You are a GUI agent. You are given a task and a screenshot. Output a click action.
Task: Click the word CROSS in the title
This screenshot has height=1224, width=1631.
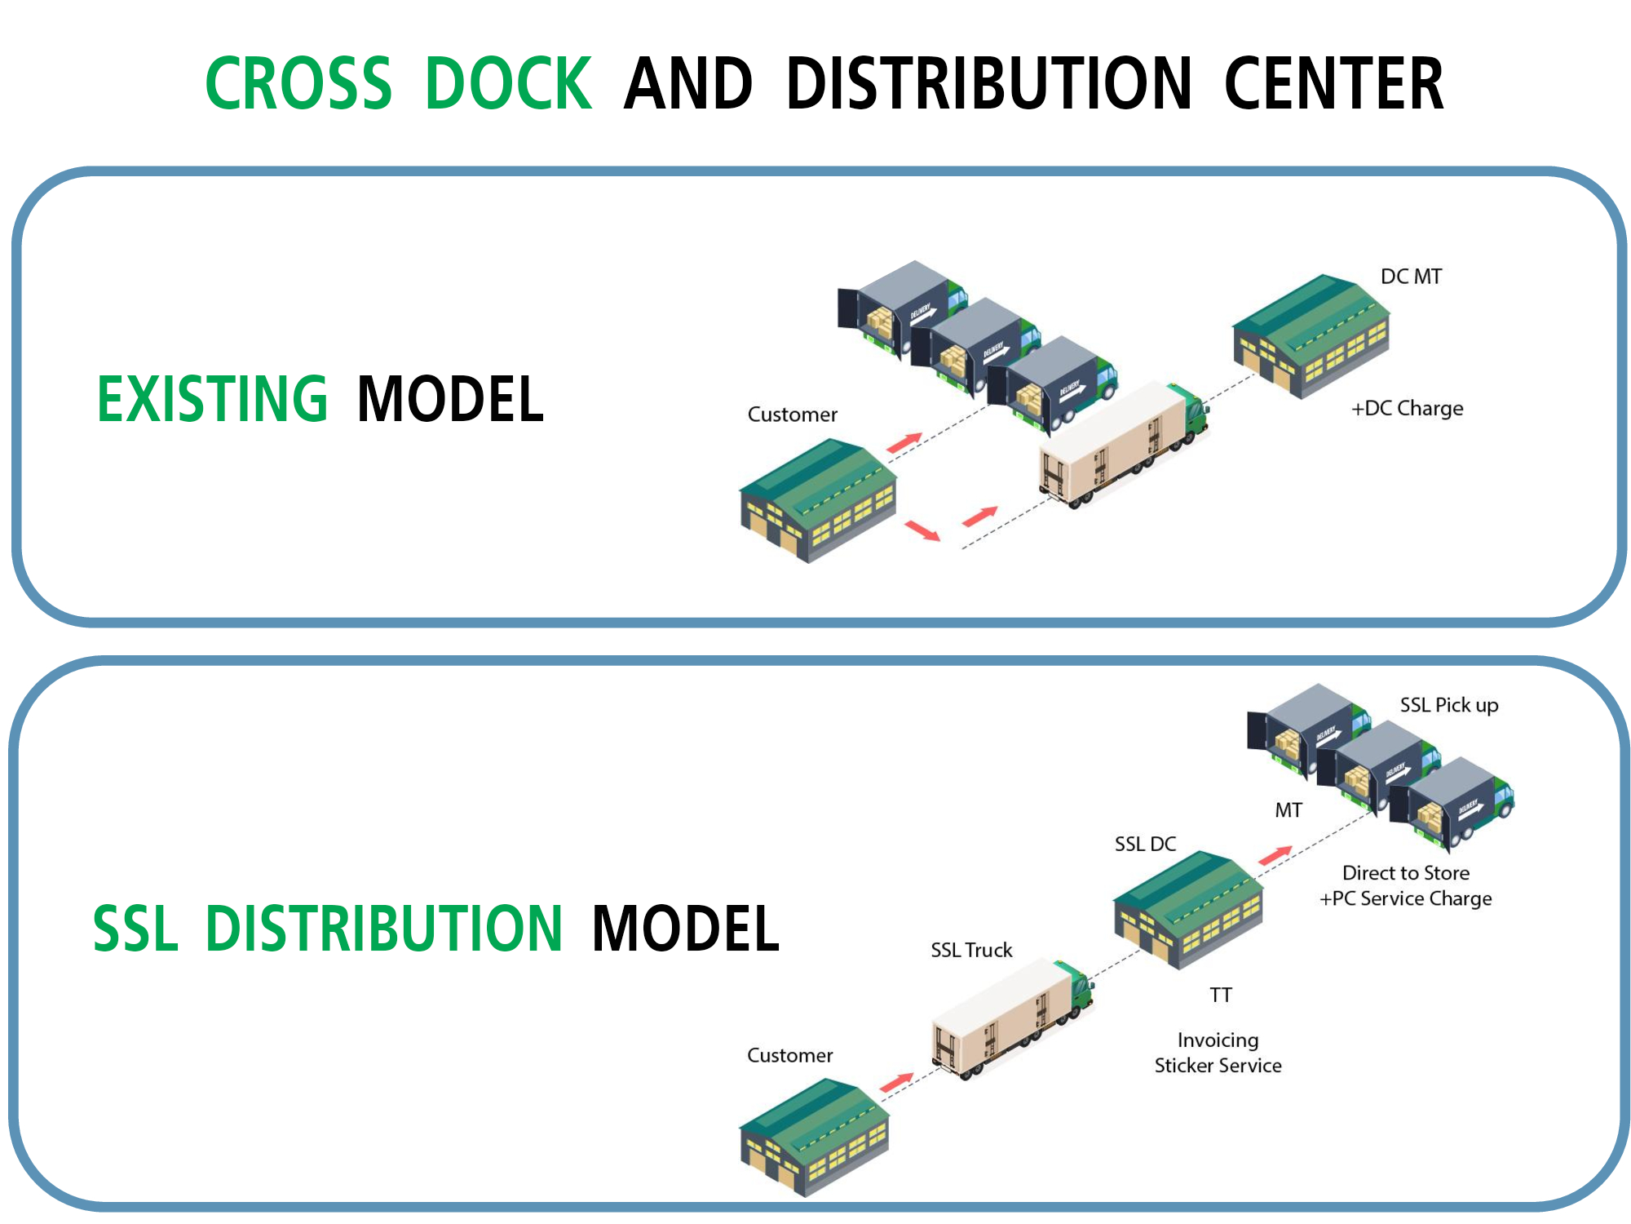pyautogui.click(x=298, y=84)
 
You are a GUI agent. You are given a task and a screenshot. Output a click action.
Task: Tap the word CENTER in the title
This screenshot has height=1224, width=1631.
pyautogui.click(x=1333, y=84)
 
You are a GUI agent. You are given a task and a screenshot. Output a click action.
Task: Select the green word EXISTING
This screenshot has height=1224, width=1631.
pyautogui.click(x=213, y=399)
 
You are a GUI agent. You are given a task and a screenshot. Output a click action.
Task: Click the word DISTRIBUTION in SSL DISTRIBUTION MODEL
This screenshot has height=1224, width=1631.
pyautogui.click(x=383, y=929)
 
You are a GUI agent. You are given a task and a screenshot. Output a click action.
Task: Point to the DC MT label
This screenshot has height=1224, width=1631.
pyautogui.click(x=1411, y=277)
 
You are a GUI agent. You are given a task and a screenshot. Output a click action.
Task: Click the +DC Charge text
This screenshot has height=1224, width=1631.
pyautogui.click(x=1408, y=408)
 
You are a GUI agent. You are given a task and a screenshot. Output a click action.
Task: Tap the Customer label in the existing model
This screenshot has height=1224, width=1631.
pyautogui.click(x=792, y=415)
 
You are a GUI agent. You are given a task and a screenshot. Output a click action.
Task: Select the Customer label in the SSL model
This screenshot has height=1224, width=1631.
pyautogui.click(x=789, y=1055)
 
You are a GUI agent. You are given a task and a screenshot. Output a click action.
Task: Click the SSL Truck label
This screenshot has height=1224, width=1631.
pyautogui.click(x=971, y=950)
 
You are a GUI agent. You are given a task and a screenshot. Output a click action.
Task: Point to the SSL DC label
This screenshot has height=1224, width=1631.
pyautogui.click(x=1145, y=844)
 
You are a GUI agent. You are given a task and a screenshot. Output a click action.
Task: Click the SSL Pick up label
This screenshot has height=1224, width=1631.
pyautogui.click(x=1449, y=705)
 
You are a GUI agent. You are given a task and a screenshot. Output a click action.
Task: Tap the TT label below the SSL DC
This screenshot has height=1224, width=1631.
pyautogui.click(x=1221, y=995)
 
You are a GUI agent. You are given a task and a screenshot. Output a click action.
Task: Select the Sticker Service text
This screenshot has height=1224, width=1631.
pyautogui.click(x=1218, y=1065)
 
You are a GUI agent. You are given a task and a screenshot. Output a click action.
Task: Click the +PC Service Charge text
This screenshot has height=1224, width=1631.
pyautogui.click(x=1406, y=898)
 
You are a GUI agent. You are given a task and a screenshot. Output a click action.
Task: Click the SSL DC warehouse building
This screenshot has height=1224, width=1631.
pyautogui.click(x=1188, y=909)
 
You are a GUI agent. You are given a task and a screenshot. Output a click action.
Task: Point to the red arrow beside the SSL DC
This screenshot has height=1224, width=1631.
pyautogui.click(x=1275, y=854)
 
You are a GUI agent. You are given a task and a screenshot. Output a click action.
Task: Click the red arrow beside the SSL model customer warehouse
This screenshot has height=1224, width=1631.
pyautogui.click(x=896, y=1081)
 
